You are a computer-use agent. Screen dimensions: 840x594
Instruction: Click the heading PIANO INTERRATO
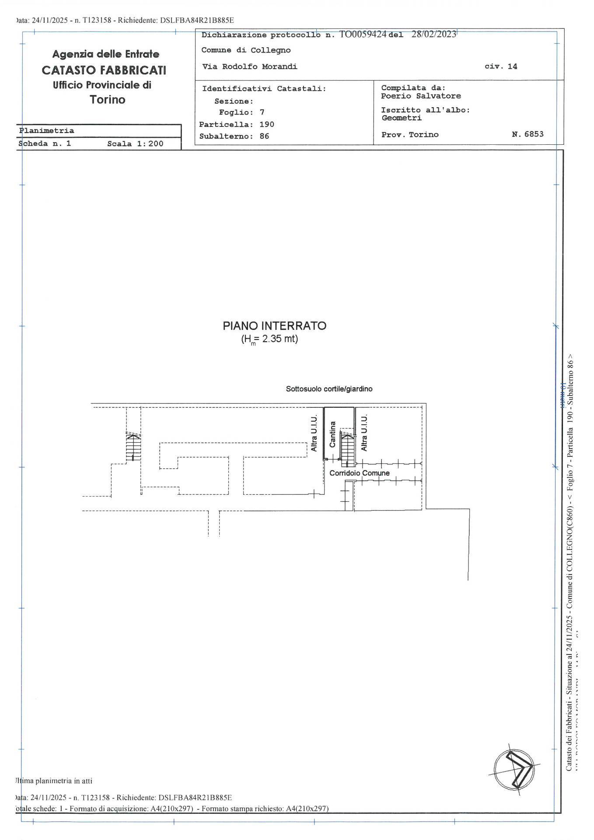pyautogui.click(x=274, y=326)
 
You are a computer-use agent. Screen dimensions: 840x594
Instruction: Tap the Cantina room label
pyautogui.click(x=332, y=434)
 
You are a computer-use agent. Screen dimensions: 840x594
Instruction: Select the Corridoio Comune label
pyautogui.click(x=359, y=473)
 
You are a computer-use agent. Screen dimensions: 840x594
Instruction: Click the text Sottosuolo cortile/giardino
pyautogui.click(x=329, y=388)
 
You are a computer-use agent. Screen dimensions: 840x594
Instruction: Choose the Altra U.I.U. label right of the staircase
pyautogui.click(x=364, y=433)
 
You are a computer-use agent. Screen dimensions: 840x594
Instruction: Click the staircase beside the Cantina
pyautogui.click(x=347, y=448)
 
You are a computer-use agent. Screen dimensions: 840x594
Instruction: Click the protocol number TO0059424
pyautogui.click(x=363, y=35)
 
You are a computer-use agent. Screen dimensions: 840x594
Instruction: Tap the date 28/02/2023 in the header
pyautogui.click(x=433, y=35)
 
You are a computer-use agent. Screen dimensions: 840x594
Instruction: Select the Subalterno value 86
pyautogui.click(x=264, y=136)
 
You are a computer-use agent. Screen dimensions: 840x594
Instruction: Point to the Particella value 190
pyautogui.click(x=266, y=124)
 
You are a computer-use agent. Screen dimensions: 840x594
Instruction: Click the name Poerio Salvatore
pyautogui.click(x=420, y=96)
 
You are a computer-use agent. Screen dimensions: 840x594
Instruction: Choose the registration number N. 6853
pyautogui.click(x=528, y=134)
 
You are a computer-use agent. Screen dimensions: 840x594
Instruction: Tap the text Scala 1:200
pyautogui.click(x=135, y=143)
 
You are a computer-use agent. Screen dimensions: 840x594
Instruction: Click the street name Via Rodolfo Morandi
pyautogui.click(x=249, y=66)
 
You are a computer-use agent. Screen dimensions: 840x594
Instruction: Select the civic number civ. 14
pyautogui.click(x=500, y=66)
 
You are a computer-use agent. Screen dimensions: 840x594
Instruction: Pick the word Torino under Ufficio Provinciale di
pyautogui.click(x=108, y=100)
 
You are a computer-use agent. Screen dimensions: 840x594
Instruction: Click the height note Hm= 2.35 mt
pyautogui.click(x=269, y=339)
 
